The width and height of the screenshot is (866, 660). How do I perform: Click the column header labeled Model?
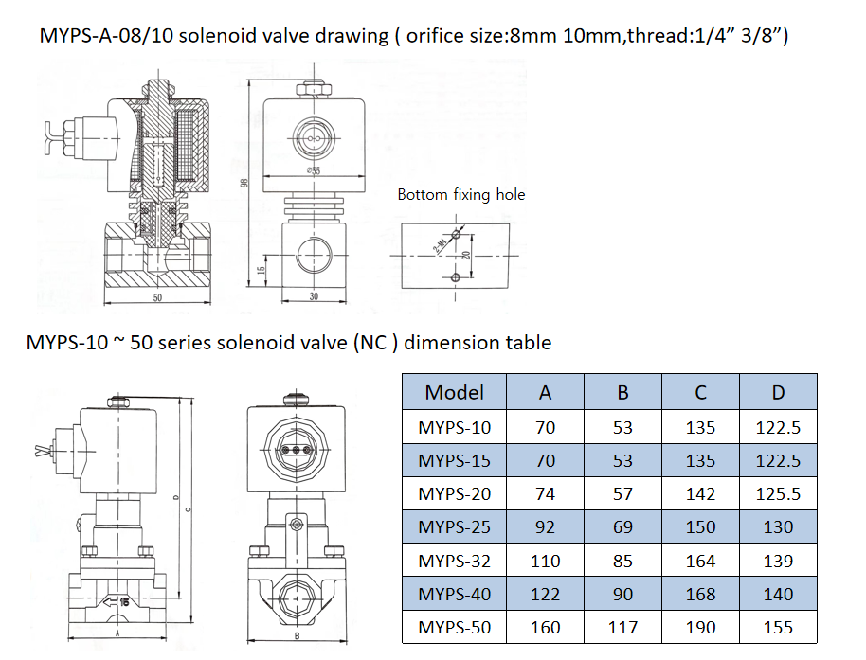(x=454, y=392)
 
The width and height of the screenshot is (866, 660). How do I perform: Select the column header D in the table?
(x=777, y=392)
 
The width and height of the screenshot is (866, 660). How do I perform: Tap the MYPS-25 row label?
(x=454, y=527)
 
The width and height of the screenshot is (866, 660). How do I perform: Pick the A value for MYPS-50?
(x=545, y=627)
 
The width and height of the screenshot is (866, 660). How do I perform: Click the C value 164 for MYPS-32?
(x=700, y=561)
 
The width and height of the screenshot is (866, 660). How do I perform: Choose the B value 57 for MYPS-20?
(x=622, y=493)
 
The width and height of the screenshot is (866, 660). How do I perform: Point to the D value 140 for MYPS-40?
(x=777, y=594)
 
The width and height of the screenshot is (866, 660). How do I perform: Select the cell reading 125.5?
(x=777, y=493)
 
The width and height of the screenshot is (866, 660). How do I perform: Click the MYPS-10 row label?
(x=454, y=427)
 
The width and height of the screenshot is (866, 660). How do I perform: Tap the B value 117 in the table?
(x=622, y=627)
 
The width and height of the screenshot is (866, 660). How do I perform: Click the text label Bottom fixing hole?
(x=460, y=194)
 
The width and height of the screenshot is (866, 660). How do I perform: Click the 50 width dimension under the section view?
(x=157, y=297)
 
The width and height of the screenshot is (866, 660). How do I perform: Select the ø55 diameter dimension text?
(x=313, y=170)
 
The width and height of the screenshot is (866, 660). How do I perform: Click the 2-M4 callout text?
(x=441, y=242)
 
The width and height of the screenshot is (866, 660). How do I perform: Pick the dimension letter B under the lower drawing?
(x=297, y=637)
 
